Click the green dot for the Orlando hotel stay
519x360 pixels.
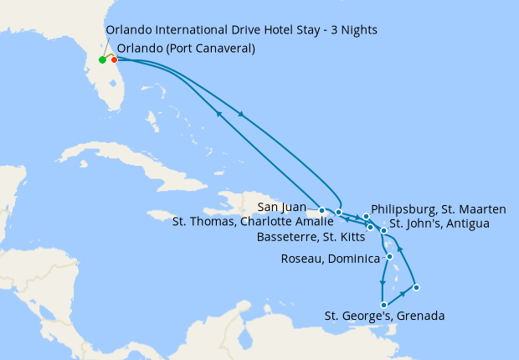[x=102, y=60]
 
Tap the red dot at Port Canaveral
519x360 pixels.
[x=114, y=59]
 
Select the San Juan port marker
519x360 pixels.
[x=322, y=210]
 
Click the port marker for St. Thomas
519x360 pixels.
[x=338, y=213]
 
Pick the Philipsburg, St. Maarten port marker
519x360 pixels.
[x=367, y=217]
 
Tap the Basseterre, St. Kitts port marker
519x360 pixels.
[x=370, y=227]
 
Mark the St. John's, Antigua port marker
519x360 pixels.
[x=383, y=230]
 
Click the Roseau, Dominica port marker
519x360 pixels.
[x=389, y=256]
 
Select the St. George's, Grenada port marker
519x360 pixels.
[x=383, y=305]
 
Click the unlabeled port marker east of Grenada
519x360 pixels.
[x=416, y=288]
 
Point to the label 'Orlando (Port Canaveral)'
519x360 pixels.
[x=186, y=49]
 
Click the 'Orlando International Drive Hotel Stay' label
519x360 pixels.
[x=241, y=30]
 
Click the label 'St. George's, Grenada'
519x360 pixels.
[x=384, y=316]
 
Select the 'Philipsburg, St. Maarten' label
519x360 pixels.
[x=438, y=209]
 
